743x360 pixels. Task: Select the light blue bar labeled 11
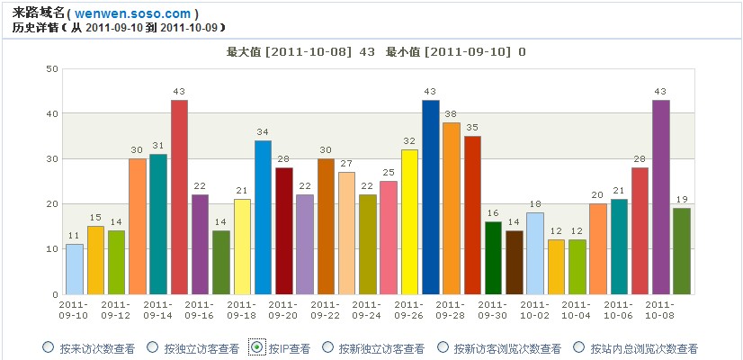75,269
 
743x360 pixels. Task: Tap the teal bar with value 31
158,224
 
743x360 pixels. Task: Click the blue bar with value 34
263,217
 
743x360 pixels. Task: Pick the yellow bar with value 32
409,221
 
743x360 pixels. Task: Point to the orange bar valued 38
452,208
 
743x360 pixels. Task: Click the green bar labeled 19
682,251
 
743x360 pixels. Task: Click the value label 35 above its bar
472,128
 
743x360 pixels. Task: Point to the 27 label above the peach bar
346,164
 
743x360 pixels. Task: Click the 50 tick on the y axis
51,69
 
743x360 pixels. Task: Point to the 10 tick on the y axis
51,249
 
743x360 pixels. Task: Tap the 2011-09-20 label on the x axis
283,310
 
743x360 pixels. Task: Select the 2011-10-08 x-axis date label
660,310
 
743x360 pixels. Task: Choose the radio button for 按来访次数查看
48,347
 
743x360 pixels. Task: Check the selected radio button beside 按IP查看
256,347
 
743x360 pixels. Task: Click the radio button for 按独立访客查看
151,347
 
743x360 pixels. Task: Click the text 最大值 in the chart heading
243,52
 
